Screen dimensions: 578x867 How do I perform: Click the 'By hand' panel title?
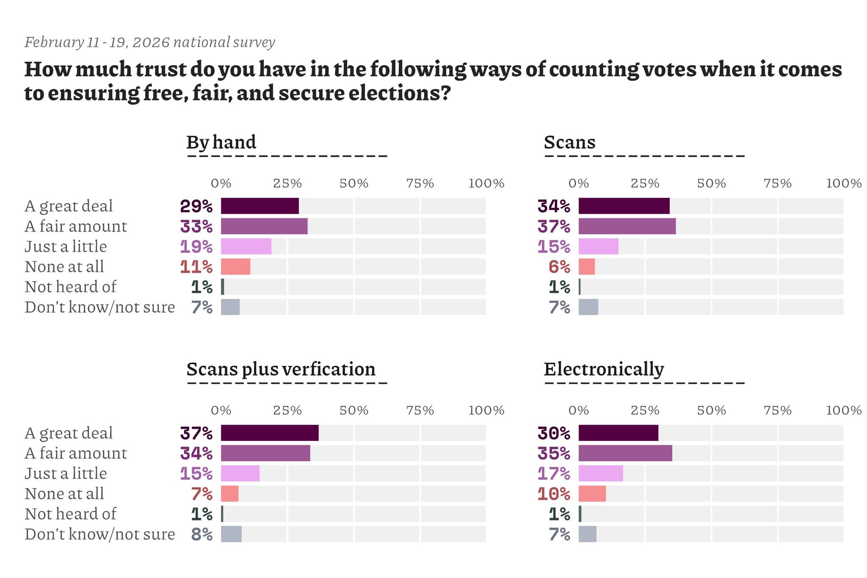(x=221, y=142)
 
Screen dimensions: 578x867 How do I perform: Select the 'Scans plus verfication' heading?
(x=281, y=369)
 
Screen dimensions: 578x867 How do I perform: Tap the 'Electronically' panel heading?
(x=604, y=369)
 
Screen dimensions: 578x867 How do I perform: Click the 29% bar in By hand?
(x=260, y=206)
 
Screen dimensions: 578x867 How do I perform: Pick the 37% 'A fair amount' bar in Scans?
(x=627, y=226)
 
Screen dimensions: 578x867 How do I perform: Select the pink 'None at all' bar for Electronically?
(x=592, y=494)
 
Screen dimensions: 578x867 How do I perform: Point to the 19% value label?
(x=196, y=246)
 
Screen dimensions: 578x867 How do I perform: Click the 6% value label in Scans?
(x=559, y=267)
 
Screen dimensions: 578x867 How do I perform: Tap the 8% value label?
(x=202, y=534)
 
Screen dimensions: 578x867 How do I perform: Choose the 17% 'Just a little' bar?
(x=601, y=473)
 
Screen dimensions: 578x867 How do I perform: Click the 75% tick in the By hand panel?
(x=420, y=183)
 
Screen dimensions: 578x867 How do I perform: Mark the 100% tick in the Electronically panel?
(x=844, y=410)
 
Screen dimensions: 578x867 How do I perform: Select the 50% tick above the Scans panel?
(x=711, y=183)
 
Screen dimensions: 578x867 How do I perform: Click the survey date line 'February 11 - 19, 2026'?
(x=149, y=42)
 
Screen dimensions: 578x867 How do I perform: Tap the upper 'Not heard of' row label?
(x=70, y=287)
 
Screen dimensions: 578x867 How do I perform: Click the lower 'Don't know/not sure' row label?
(x=99, y=534)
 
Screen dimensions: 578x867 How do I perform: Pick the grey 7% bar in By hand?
(x=230, y=307)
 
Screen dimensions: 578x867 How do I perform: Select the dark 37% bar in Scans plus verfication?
(x=270, y=433)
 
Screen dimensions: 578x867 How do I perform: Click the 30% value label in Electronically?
(x=554, y=433)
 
